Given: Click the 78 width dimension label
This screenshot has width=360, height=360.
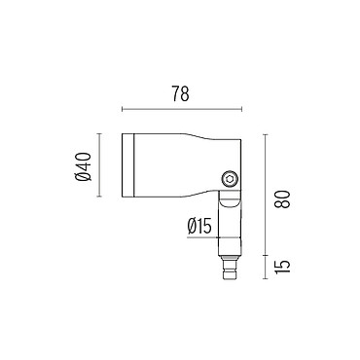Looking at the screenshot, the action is [180, 93].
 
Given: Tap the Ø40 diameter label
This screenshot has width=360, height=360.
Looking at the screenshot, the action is [84, 166].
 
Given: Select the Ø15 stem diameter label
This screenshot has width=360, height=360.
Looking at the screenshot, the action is [199, 226].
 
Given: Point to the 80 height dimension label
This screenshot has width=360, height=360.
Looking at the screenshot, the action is [281, 199].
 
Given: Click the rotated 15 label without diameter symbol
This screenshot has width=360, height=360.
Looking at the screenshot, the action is [281, 267].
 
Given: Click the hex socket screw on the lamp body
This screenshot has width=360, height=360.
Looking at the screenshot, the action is [230, 179].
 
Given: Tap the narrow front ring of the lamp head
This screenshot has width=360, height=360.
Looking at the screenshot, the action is [127, 165].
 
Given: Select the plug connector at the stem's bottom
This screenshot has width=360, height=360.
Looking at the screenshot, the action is [230, 269].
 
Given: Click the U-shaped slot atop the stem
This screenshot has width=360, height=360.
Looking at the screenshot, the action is [230, 199].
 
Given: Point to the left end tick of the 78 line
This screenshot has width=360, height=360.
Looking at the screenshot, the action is [122, 109].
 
